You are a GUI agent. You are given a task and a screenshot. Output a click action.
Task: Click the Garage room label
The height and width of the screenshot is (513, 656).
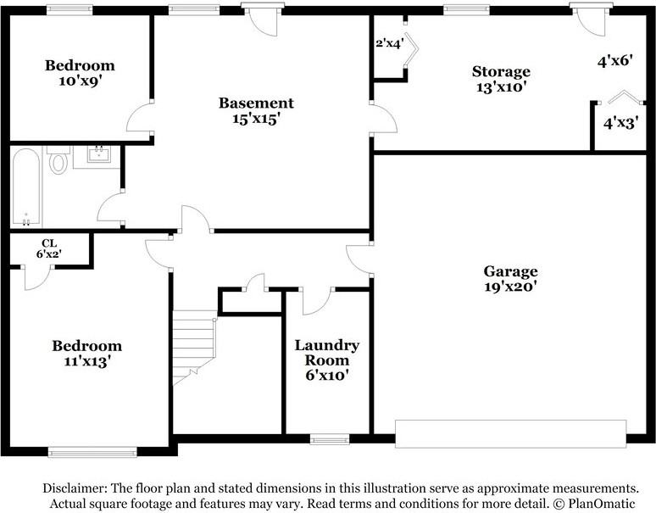tap(510, 279)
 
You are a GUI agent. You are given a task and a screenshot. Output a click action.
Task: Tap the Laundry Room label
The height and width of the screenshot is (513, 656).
tap(327, 360)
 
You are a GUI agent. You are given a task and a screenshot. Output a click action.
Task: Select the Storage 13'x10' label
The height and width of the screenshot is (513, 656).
tap(501, 79)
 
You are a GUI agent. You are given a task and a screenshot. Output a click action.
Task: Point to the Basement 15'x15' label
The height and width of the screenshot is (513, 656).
tap(256, 111)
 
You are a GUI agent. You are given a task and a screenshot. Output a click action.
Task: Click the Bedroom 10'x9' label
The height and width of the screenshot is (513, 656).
tap(80, 73)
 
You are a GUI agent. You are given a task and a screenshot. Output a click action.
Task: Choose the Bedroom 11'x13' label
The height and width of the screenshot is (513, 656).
tap(87, 353)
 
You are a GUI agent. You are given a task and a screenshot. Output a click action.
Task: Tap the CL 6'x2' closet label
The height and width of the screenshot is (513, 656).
tap(49, 248)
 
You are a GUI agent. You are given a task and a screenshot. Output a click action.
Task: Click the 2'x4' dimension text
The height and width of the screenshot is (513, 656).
tap(390, 43)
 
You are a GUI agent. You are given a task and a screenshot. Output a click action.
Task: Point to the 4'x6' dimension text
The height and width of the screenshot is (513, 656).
tap(614, 62)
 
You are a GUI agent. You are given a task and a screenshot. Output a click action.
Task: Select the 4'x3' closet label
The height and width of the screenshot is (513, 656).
tap(621, 123)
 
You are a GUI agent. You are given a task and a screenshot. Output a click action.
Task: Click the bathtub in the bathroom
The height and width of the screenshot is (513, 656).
tap(26, 187)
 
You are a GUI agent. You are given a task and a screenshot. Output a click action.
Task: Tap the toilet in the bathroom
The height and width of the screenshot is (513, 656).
tap(58, 160)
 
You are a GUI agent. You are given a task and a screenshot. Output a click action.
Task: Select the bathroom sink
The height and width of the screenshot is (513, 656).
tap(99, 154)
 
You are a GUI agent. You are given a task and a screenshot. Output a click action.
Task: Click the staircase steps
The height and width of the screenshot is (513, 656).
tap(195, 347)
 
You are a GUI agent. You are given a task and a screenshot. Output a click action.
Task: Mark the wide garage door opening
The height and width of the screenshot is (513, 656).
tap(511, 434)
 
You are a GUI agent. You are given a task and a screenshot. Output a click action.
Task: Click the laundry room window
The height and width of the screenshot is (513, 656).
tap(330, 439)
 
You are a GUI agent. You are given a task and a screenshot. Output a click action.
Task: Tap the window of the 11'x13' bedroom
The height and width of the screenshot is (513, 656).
tap(92, 452)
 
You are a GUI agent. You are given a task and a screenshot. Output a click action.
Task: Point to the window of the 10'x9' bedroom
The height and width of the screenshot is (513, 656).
tap(69, 10)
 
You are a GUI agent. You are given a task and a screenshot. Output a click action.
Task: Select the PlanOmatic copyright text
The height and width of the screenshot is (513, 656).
tap(594, 504)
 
